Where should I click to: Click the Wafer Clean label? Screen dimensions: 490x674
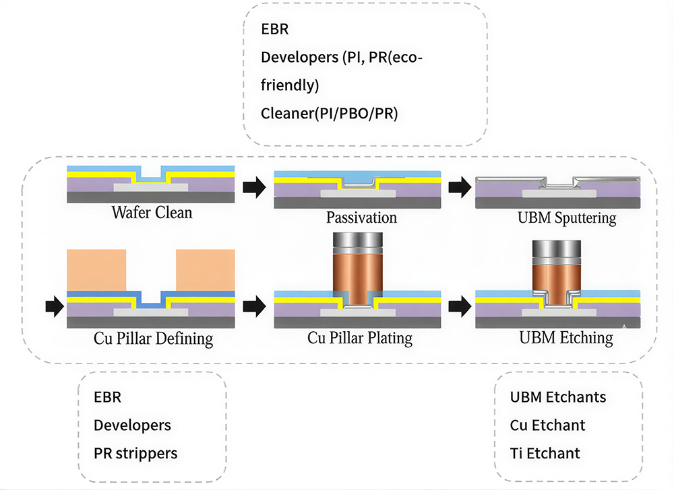[152, 213]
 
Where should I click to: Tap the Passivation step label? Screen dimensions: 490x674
[361, 217]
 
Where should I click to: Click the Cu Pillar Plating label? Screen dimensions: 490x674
[360, 337]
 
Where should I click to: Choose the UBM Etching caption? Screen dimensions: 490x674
[566, 337]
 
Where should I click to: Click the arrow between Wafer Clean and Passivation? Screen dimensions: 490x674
[253, 186]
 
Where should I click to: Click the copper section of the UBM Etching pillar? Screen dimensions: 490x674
[556, 277]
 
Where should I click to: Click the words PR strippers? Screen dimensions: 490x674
[135, 453]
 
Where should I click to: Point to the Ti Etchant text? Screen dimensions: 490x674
[545, 453]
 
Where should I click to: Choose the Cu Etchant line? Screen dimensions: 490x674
[547, 425]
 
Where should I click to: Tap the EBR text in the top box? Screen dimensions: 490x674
[275, 30]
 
